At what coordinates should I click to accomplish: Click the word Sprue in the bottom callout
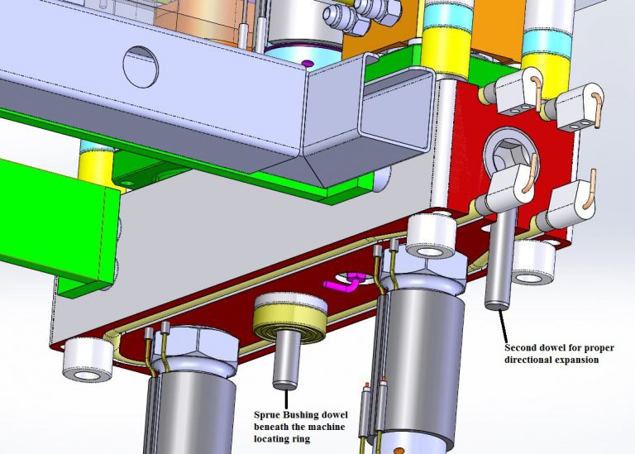(266, 414)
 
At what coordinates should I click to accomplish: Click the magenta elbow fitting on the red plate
(346, 284)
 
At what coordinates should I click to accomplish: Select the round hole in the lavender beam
(141, 65)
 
